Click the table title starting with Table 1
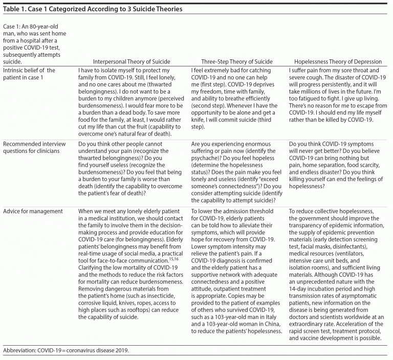pos(93,9)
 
